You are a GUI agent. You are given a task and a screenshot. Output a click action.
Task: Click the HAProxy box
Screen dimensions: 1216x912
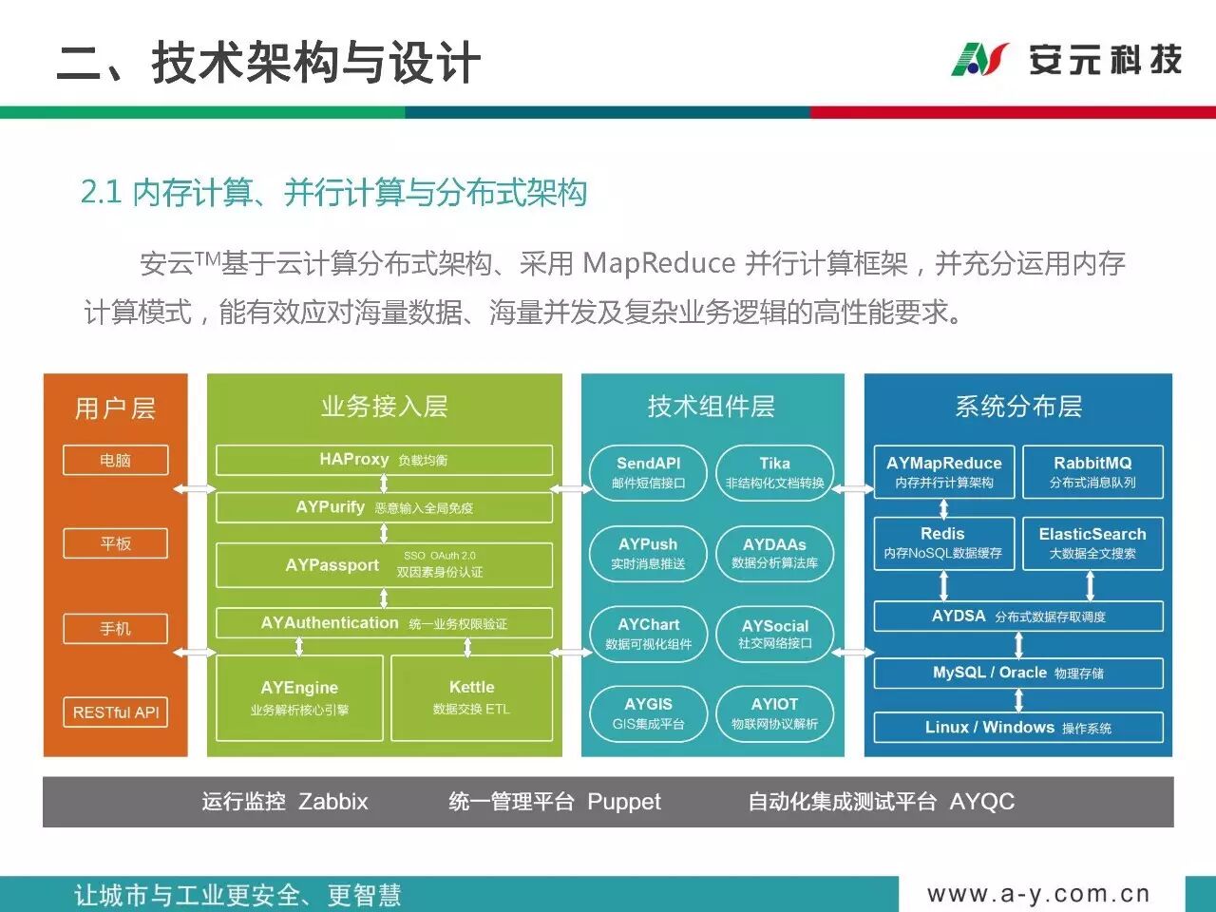pos(384,460)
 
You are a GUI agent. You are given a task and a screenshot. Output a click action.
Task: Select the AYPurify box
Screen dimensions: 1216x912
pos(384,507)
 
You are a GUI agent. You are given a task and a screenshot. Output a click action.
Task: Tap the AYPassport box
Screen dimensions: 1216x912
pos(384,564)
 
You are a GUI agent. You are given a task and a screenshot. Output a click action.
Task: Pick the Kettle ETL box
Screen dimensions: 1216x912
pos(471,697)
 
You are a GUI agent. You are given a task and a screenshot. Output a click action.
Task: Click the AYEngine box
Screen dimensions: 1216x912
pos(299,697)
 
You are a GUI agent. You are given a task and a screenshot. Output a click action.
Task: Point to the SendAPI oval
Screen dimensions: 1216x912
pos(649,472)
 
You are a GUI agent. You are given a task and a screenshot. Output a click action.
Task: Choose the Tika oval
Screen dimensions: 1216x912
pos(774,472)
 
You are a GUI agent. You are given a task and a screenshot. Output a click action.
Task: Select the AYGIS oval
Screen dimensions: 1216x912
pos(649,713)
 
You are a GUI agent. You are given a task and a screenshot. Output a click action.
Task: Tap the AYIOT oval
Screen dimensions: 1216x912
pos(774,713)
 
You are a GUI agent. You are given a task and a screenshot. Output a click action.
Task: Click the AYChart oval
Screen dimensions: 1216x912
pos(649,634)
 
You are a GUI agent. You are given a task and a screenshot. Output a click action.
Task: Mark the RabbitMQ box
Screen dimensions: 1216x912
pos(1092,471)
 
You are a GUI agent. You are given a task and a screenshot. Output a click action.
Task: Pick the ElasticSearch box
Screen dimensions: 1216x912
pos(1092,542)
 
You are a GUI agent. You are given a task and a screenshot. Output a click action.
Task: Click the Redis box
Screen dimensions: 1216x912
pos(942,542)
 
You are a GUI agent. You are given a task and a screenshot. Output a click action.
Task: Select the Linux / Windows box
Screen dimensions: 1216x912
pos(1018,728)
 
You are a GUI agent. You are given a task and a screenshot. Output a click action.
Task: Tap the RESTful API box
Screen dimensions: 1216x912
pos(116,712)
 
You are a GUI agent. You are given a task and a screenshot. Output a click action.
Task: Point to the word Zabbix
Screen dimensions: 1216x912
pos(333,802)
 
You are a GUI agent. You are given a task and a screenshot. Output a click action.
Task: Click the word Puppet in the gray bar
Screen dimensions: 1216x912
pos(623,802)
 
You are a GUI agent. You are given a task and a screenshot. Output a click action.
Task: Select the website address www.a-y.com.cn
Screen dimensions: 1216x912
pos(1038,894)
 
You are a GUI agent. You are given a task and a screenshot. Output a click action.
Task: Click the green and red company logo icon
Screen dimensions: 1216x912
pos(979,59)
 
